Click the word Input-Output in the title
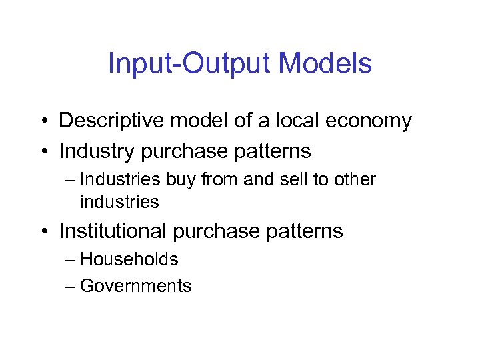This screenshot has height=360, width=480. pos(189,64)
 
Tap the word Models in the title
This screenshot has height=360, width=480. pos(325,64)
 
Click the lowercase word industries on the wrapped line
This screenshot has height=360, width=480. pos(119,201)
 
